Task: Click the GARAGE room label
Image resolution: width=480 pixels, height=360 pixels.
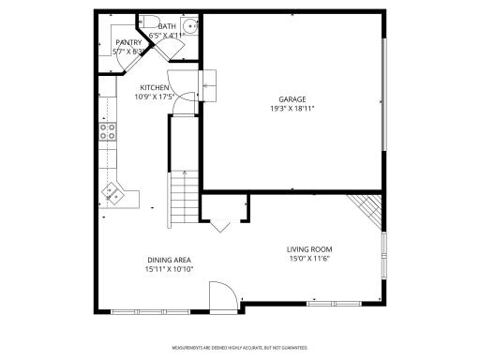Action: tap(292, 98)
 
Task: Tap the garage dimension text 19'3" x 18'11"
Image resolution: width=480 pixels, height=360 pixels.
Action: tap(292, 108)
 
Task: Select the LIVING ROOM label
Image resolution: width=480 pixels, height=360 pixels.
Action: tap(309, 248)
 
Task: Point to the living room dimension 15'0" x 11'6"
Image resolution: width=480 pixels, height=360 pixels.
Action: tap(309, 258)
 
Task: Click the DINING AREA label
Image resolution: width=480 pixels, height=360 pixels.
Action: tap(169, 260)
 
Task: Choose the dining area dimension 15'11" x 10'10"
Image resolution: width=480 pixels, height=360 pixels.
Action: tap(169, 269)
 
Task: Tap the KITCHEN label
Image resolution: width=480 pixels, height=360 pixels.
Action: tap(155, 87)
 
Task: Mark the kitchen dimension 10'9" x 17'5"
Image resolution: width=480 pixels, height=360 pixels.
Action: tap(155, 97)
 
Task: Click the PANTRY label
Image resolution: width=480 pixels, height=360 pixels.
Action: tap(128, 42)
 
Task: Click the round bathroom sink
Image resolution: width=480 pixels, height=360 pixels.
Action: tap(188, 26)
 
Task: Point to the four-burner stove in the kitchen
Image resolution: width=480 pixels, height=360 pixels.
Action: tap(108, 132)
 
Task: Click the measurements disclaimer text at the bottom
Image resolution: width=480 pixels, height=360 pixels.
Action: tap(239, 346)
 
